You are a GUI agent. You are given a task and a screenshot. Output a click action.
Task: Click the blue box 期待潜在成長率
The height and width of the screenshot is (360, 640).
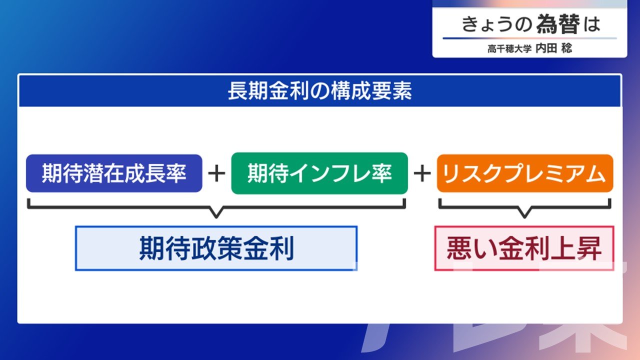pos(114,173)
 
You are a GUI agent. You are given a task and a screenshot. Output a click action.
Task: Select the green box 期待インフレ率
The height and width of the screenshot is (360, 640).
pos(319,173)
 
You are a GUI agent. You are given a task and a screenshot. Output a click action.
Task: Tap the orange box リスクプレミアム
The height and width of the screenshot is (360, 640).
pos(525,173)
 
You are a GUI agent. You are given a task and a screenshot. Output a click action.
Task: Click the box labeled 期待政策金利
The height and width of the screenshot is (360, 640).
pos(216,248)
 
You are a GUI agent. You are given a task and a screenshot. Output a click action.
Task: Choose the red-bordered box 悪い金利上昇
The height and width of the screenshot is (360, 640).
pos(524,248)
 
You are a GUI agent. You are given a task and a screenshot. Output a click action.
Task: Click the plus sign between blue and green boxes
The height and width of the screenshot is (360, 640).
pos(216,173)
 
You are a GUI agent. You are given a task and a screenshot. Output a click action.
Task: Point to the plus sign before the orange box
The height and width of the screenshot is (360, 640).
pos(422,173)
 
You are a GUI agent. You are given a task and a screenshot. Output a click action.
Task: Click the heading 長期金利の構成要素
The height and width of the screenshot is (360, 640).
pos(319,91)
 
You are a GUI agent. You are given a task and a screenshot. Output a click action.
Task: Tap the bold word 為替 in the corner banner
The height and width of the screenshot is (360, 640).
pos(558,24)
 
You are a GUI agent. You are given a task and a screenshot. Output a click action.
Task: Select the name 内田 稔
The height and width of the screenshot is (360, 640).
pos(553,48)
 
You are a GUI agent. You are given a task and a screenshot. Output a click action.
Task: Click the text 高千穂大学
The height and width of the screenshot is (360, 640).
pos(509,49)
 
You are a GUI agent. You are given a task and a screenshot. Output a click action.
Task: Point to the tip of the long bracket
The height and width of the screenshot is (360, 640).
pos(216,217)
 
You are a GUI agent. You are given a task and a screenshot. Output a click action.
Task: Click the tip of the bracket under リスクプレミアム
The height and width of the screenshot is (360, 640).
pos(524,217)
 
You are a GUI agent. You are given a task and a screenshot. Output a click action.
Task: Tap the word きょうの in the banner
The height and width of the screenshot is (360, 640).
pos(496,24)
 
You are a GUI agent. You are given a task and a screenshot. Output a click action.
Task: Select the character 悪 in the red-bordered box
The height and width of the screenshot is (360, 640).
pos(459,248)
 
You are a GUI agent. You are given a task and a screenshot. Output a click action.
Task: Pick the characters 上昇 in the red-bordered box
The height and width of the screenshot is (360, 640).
pos(576,248)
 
